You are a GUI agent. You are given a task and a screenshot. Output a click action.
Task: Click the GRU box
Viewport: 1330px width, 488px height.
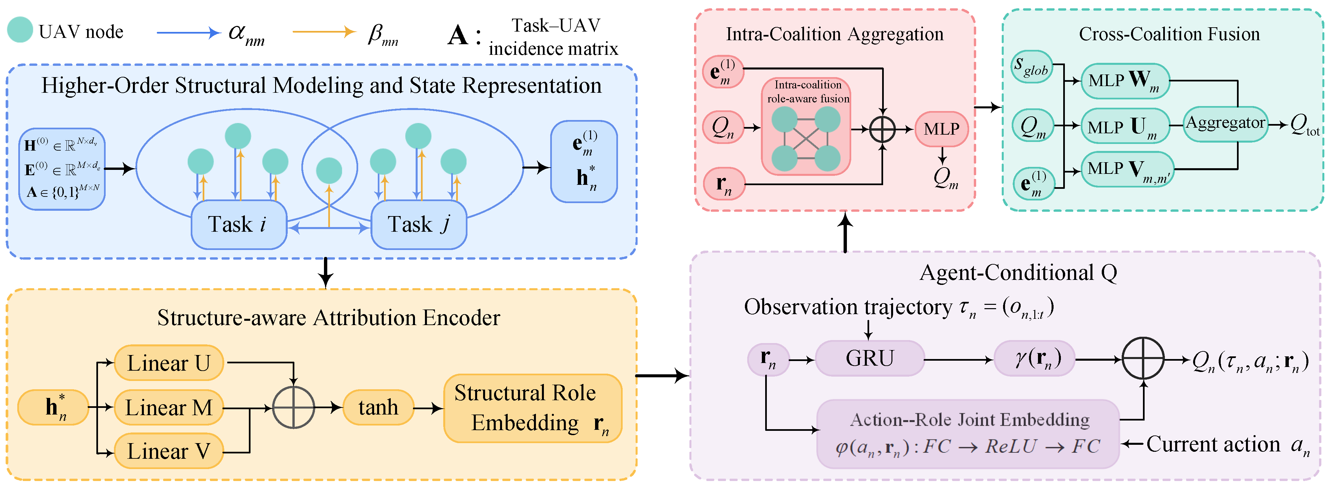tap(870, 358)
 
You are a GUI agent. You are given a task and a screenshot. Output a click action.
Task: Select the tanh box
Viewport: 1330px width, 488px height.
tap(378, 408)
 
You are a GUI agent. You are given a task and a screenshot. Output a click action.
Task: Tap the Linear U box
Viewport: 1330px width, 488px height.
tap(169, 363)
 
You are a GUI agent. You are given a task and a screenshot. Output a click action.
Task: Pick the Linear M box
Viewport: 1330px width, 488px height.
tap(169, 408)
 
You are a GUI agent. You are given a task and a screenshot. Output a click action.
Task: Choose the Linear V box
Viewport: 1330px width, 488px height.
tap(169, 451)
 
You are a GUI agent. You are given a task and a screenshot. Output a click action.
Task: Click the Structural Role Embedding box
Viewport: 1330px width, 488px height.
tap(532, 408)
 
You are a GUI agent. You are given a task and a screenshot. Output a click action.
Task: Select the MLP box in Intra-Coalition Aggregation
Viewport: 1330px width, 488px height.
tap(941, 129)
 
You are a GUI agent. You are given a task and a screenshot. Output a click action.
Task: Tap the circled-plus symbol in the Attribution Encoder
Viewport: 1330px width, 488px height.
tap(293, 408)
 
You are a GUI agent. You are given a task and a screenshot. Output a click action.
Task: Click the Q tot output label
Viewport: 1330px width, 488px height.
tap(1304, 125)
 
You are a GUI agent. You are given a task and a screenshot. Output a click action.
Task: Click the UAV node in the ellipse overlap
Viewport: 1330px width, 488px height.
tap(329, 171)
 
